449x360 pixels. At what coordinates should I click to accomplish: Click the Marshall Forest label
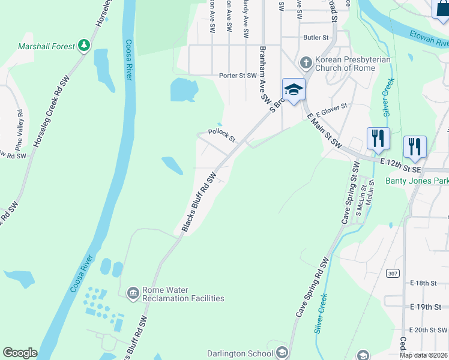tap(46, 46)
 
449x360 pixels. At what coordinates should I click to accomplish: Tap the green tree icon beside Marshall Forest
tap(85, 46)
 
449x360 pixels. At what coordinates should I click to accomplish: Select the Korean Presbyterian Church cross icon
tap(306, 63)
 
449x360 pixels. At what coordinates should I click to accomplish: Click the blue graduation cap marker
tap(294, 90)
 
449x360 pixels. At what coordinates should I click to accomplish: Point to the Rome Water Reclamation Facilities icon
tap(133, 293)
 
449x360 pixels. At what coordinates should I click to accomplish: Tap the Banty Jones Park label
tap(417, 181)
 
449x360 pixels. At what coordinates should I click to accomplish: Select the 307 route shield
tap(393, 274)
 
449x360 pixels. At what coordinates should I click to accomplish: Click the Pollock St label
tap(221, 134)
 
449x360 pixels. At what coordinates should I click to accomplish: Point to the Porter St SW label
tap(238, 76)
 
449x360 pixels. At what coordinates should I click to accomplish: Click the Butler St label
tap(316, 37)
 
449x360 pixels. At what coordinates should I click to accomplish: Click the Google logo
tap(20, 352)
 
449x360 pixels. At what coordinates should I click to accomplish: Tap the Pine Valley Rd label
tap(20, 128)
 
